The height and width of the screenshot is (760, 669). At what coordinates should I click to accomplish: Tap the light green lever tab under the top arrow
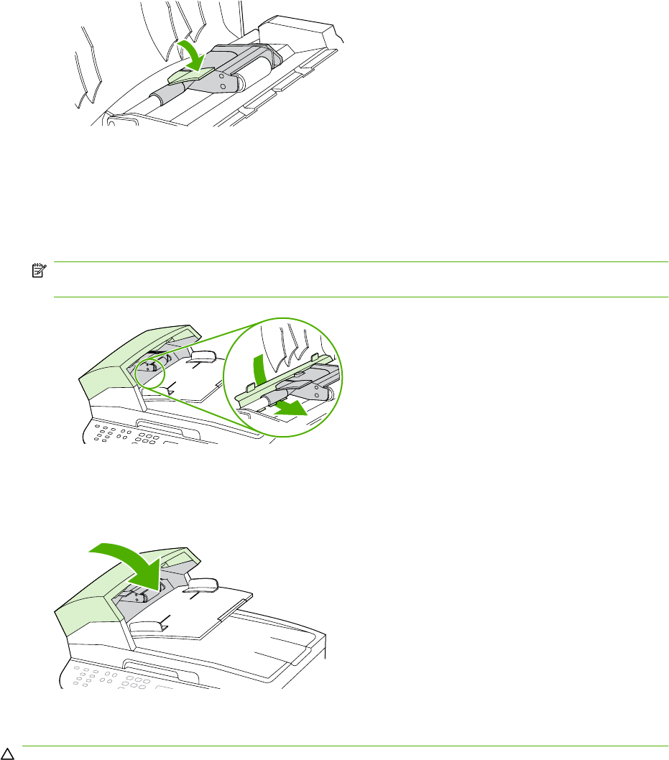click(x=189, y=73)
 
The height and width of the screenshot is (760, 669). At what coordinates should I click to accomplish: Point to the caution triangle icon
click(x=6, y=754)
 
